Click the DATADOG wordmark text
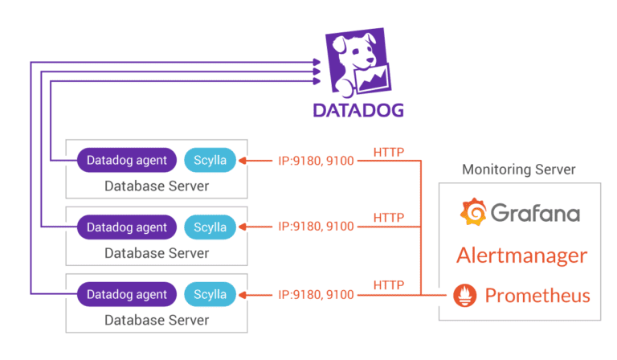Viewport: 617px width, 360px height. (x=358, y=110)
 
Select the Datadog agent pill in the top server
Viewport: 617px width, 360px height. (x=127, y=160)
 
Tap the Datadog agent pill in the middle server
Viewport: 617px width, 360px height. (x=127, y=227)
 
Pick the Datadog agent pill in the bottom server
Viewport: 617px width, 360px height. (x=127, y=294)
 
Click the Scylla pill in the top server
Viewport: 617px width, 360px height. (x=210, y=160)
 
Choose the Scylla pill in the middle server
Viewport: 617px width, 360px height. (x=210, y=227)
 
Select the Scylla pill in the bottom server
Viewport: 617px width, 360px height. (x=210, y=294)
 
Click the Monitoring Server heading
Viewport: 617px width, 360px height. (x=519, y=170)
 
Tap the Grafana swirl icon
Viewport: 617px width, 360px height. (x=472, y=213)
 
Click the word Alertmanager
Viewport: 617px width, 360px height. (x=521, y=256)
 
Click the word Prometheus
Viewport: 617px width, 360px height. (x=537, y=296)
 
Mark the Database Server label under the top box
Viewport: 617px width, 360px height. (x=157, y=186)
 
